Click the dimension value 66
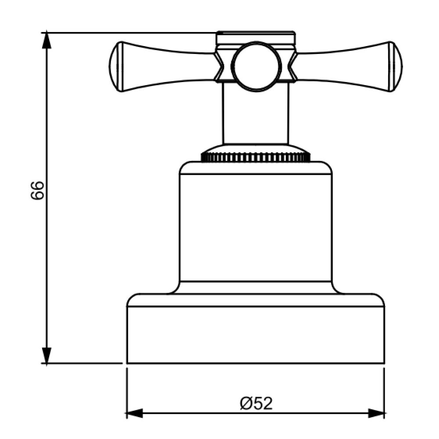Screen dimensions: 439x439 pos(38,190)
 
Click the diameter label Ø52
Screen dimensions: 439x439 pos(256,403)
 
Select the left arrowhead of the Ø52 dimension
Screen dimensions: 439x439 pos(134,413)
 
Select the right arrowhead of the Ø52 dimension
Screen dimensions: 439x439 pos(376,413)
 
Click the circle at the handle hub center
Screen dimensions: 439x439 pos(255,66)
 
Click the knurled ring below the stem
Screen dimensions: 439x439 pos(255,157)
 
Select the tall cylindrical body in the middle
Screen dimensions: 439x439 pos(255,226)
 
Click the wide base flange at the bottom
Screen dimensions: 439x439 pos(255,334)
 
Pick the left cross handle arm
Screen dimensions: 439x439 pos(167,67)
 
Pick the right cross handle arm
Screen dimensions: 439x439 pos(345,67)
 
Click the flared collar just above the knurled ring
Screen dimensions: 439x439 pos(255,148)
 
